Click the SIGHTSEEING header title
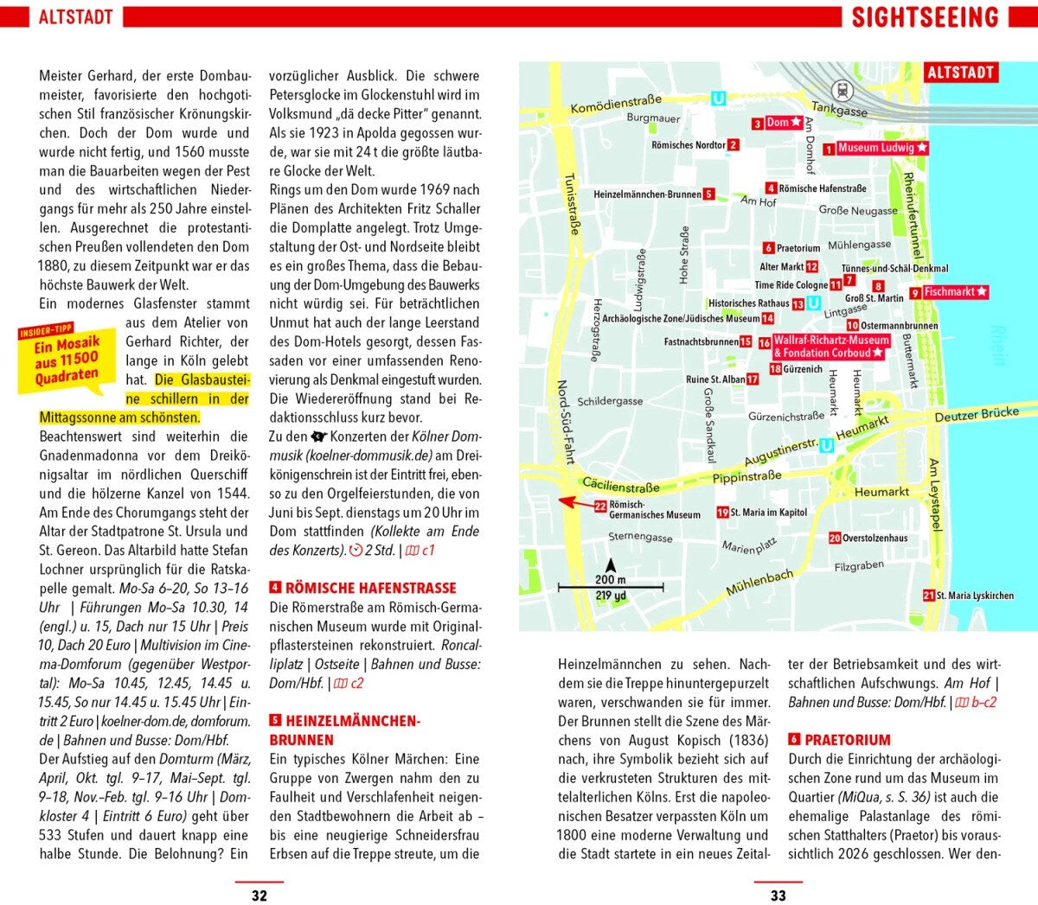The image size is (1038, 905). pos(925,17)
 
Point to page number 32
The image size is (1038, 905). pos(259,895)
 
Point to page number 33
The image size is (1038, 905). pos(778,895)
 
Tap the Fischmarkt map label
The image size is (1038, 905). pos(955,292)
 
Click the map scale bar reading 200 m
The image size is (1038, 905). pos(610,587)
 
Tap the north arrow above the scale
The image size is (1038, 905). pos(611,565)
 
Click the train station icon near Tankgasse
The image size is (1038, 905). pos(842,89)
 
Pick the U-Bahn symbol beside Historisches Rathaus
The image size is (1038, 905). pos(813,303)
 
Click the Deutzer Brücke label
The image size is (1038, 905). pos(977,415)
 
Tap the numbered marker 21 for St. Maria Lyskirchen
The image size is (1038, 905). pos(928,595)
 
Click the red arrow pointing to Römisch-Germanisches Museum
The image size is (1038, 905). pos(575,501)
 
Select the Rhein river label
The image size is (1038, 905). pos(998,346)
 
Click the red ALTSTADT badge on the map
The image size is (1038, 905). pos(960,73)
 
